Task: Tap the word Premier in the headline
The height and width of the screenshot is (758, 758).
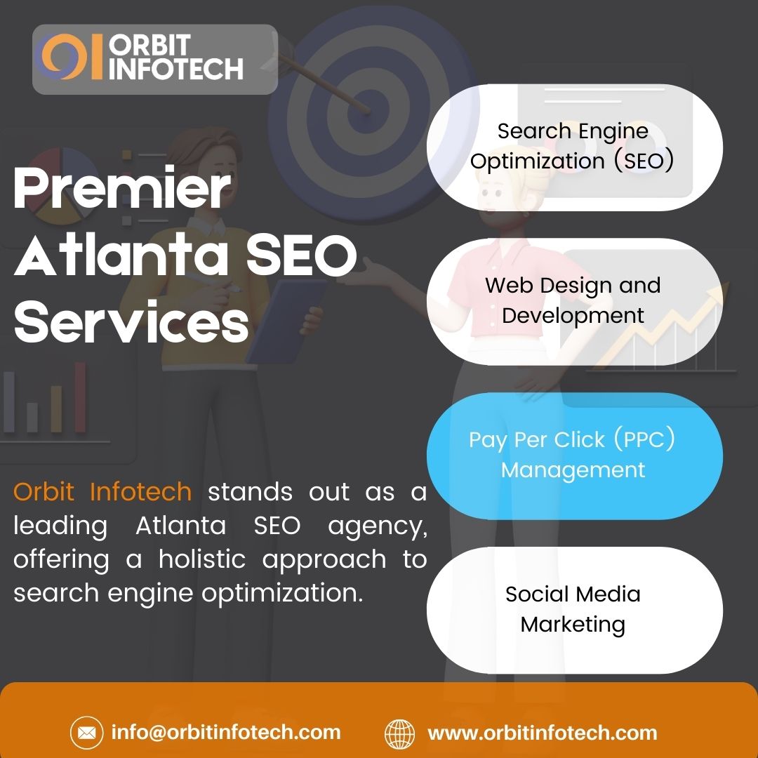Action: click(122, 190)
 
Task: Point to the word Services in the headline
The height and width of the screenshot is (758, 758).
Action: click(131, 322)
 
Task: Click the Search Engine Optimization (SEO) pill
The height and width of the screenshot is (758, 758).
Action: click(573, 146)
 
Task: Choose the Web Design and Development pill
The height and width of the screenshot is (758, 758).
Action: click(573, 300)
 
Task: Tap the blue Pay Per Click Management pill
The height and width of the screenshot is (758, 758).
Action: click(573, 455)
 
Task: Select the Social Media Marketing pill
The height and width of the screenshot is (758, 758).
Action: click(573, 609)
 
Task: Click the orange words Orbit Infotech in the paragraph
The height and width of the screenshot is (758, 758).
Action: click(102, 492)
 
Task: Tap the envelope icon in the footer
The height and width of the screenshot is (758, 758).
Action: click(86, 734)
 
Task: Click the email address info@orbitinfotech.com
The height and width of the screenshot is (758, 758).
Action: click(226, 733)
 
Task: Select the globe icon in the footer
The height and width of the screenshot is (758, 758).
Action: click(400, 734)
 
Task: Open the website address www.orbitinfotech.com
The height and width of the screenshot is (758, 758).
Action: click(542, 733)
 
